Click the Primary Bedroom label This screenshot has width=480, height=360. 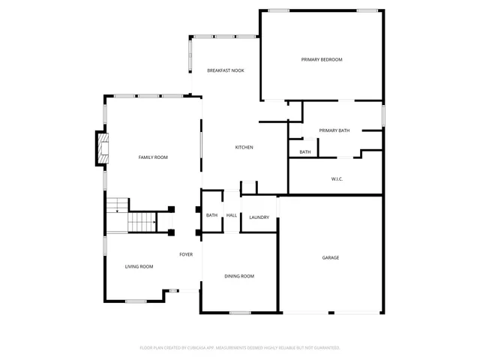point(321,59)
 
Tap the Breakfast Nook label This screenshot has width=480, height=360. point(226,70)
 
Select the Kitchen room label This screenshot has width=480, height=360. point(244,147)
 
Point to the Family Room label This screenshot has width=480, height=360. point(152,157)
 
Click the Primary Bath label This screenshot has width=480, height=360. point(334,130)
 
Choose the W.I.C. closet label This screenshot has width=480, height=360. point(337,178)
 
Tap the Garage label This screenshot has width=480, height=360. point(331,258)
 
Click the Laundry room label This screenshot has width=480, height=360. point(259,217)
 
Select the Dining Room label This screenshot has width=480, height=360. point(239,277)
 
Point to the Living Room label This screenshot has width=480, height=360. point(139,267)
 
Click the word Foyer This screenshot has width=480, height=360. point(186,254)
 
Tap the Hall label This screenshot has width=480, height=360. point(232,216)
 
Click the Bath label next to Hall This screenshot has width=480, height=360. point(211,216)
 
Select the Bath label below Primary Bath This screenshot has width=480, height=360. point(305,152)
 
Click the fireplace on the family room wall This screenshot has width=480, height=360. point(101,148)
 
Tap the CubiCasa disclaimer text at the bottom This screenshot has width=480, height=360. point(240,348)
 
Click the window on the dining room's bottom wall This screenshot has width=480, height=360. point(240,313)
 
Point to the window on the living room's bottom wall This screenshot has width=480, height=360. point(136,301)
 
